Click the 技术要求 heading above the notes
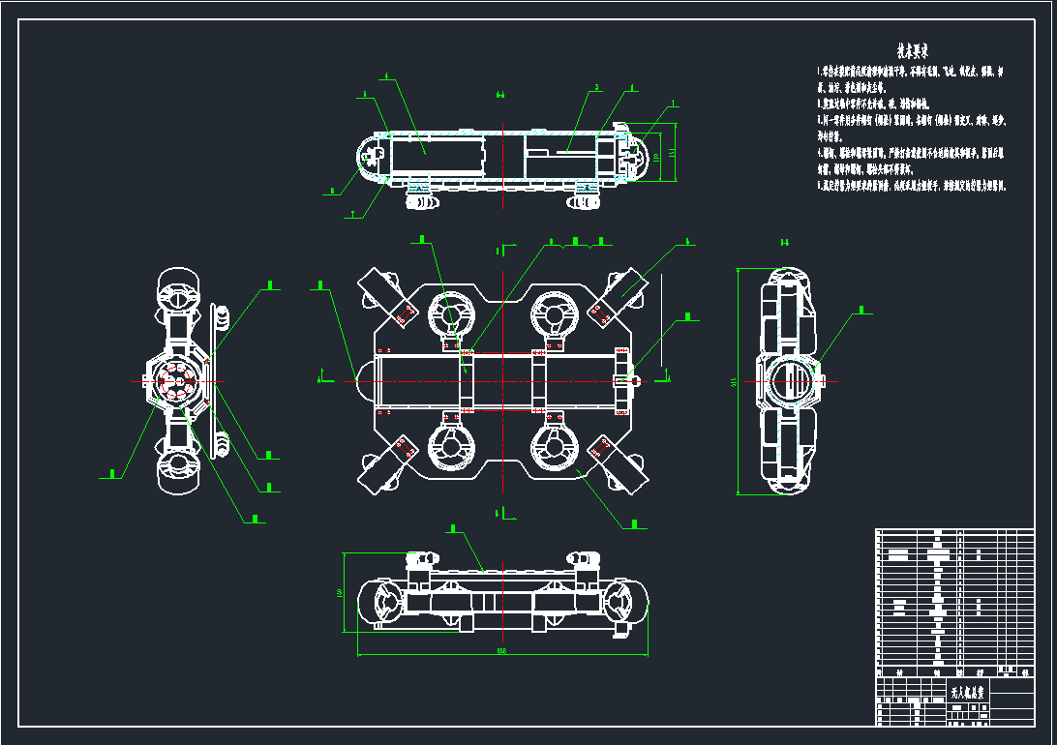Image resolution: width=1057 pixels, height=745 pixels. point(912,50)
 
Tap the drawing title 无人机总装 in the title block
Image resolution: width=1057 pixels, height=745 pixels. point(967,693)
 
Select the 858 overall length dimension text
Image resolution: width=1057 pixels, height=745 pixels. point(501,651)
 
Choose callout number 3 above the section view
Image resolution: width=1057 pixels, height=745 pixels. point(597,87)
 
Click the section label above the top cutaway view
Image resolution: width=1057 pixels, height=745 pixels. point(500,95)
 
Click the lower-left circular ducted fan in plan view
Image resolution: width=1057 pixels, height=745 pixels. point(451,447)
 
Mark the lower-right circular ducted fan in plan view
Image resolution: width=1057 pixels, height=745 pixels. point(555,447)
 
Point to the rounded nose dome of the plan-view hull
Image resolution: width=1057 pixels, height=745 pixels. point(365,380)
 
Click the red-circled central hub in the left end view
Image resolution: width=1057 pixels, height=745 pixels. point(179,381)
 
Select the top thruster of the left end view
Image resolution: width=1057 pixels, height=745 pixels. point(179,287)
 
